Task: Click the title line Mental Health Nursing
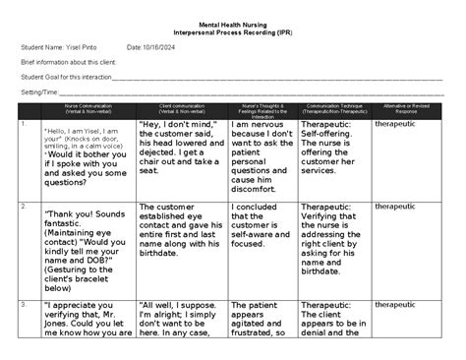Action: [232, 22]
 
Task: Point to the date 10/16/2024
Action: [158, 46]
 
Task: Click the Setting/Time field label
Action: [37, 90]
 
